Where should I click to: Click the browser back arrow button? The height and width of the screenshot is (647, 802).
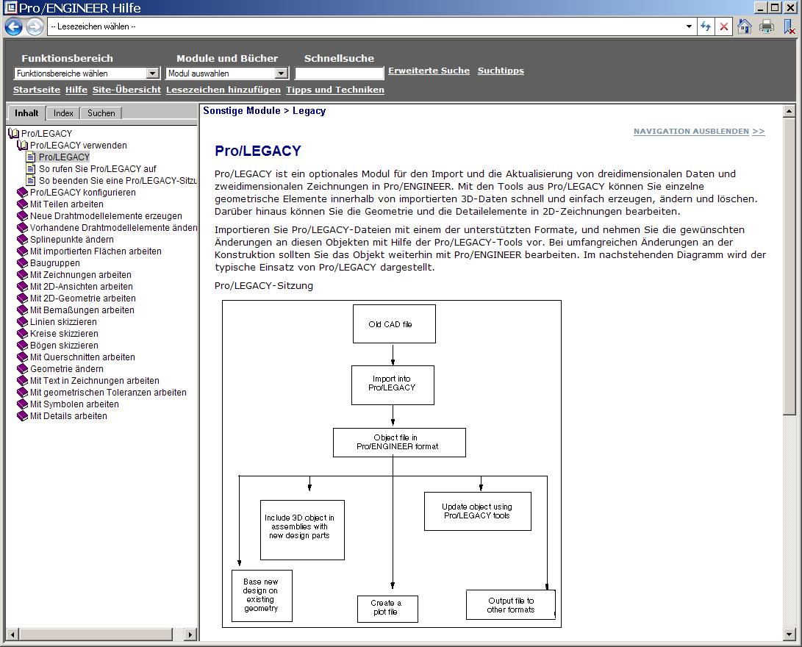[13, 27]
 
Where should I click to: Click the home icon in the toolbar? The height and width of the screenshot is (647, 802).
[744, 26]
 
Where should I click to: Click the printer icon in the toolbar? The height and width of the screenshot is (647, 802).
[767, 26]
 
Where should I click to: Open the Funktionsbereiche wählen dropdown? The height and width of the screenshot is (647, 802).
[153, 74]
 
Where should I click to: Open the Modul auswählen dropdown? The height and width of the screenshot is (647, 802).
[281, 74]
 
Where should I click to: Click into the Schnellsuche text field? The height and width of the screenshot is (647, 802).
[339, 74]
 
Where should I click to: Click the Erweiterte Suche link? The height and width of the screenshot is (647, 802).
[429, 71]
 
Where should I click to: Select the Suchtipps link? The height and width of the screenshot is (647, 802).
[501, 71]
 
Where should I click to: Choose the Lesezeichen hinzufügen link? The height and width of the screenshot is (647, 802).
[223, 90]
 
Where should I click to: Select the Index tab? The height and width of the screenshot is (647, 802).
[63, 113]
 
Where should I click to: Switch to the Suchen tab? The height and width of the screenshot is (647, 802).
[101, 113]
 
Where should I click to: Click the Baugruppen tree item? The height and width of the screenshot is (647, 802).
[55, 263]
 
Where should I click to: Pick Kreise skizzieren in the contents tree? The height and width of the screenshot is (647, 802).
[64, 334]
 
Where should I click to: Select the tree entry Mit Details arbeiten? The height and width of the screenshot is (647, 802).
[68, 416]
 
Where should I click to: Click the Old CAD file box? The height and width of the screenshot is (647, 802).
[394, 324]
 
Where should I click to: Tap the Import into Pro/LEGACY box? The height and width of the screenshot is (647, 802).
[393, 385]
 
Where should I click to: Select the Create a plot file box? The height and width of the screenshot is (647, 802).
[387, 608]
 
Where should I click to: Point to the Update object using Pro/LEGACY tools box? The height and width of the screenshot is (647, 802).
[477, 511]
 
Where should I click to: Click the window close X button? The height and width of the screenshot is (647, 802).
[790, 8]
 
